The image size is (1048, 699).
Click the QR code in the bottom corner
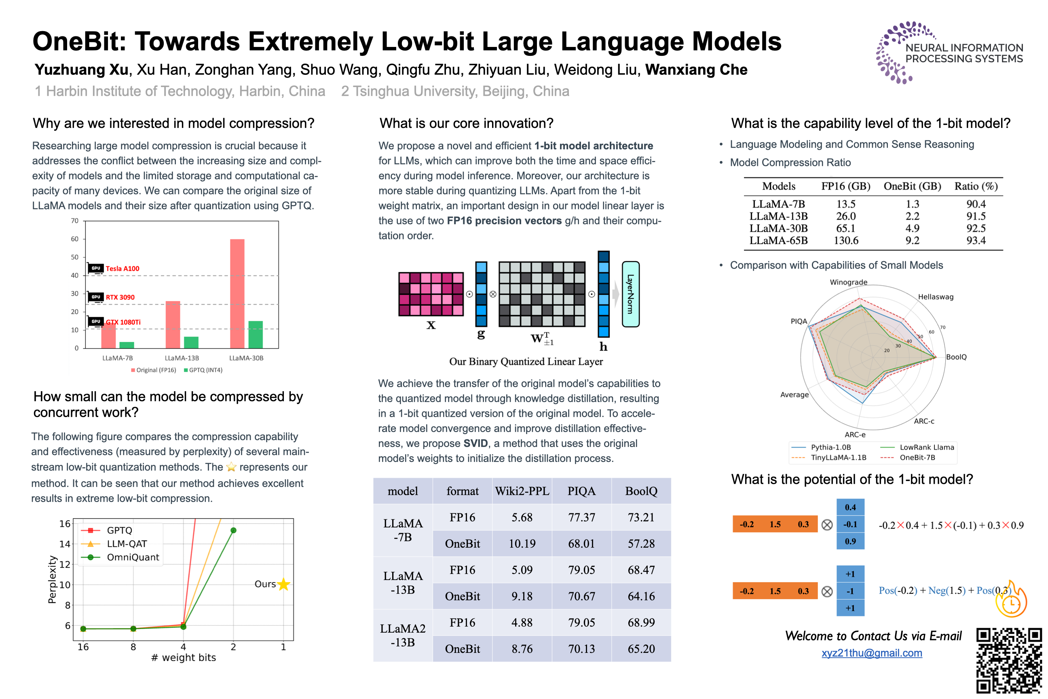point(1009,661)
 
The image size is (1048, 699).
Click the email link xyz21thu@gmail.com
point(872,653)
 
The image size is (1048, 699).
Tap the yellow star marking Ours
point(283,584)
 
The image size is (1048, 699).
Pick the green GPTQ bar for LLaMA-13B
point(191,342)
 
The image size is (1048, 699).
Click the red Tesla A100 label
point(123,268)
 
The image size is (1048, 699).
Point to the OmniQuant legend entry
point(132,557)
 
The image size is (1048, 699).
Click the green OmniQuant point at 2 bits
point(233,530)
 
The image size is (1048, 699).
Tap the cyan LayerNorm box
point(630,294)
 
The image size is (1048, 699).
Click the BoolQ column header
point(641,491)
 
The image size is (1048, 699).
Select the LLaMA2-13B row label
point(402,635)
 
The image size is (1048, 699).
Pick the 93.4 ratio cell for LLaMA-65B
point(975,241)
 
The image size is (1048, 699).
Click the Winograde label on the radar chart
point(848,282)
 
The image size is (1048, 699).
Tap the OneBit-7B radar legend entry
point(917,458)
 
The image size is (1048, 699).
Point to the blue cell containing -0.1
point(850,524)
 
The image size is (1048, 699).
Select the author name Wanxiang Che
point(696,70)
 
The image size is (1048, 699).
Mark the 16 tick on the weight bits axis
point(83,647)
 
